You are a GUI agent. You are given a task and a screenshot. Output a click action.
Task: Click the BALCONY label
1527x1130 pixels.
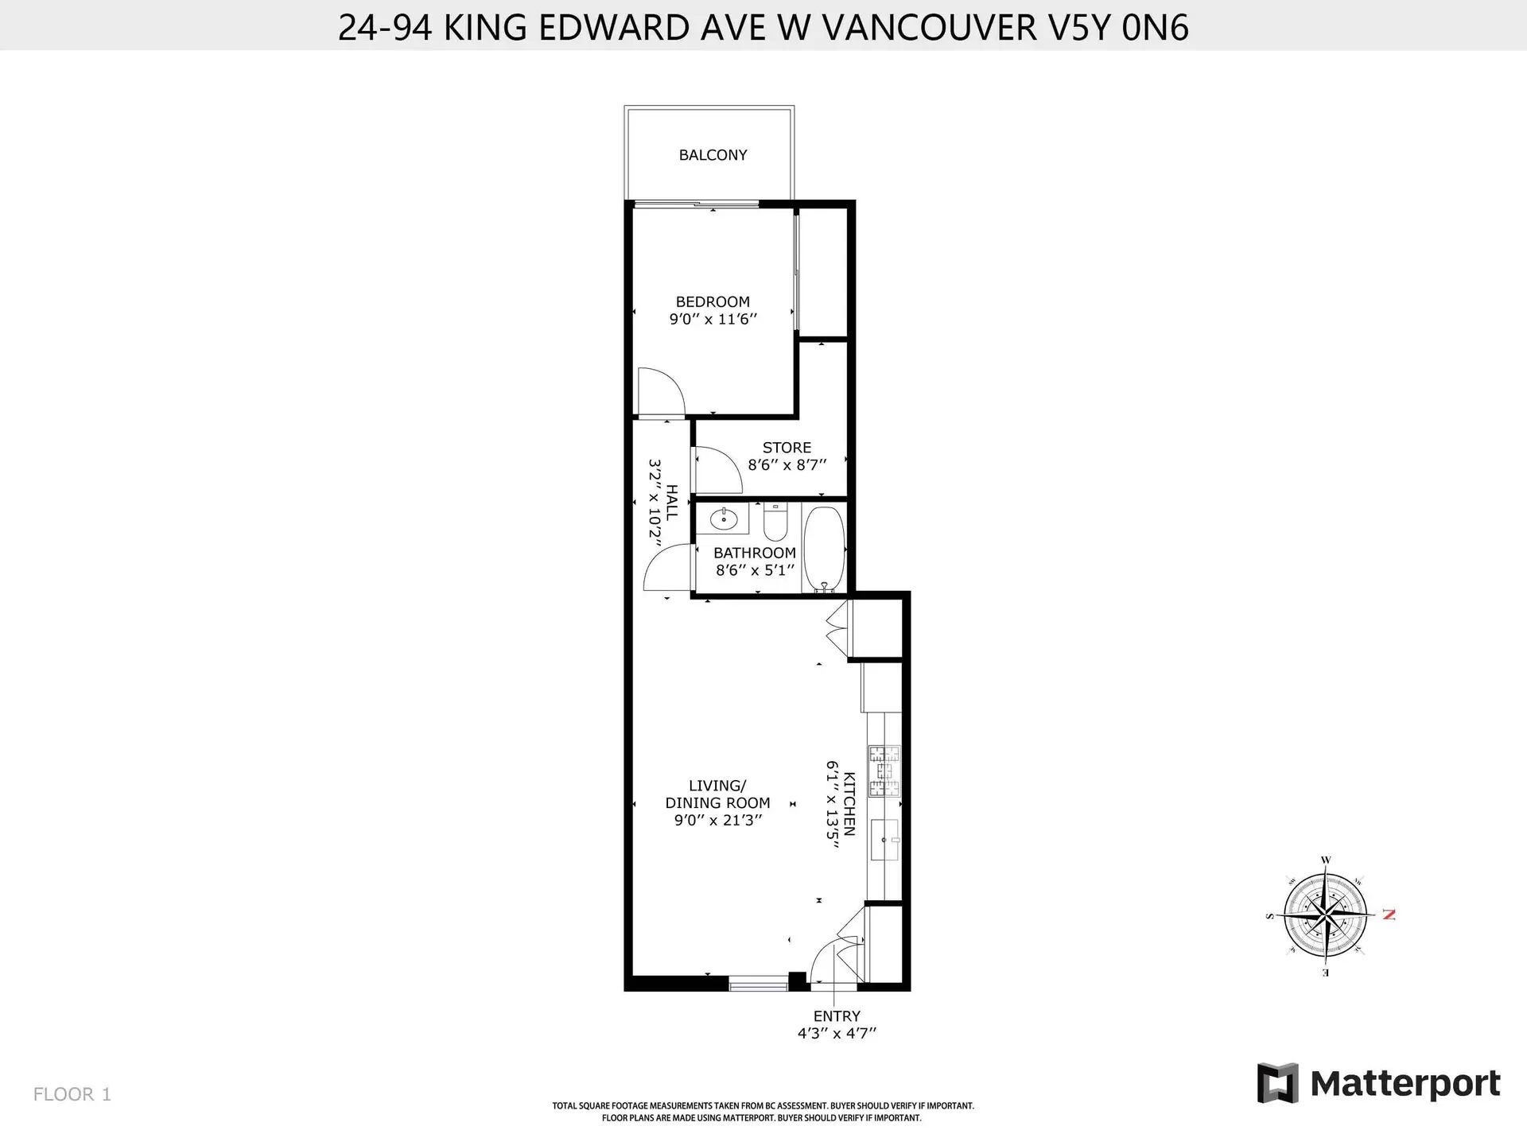[x=713, y=155]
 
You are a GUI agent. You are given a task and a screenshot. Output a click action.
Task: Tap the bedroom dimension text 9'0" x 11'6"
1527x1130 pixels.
[x=713, y=320]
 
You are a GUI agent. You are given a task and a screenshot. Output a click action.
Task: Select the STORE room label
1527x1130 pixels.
[x=787, y=448]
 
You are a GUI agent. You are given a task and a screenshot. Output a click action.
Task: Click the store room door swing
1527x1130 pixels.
[x=717, y=470]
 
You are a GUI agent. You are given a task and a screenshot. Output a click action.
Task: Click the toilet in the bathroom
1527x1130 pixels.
[x=775, y=522]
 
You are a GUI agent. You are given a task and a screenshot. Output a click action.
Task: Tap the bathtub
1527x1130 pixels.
[x=823, y=549]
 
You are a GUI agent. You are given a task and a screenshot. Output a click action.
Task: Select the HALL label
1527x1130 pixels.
[x=672, y=502]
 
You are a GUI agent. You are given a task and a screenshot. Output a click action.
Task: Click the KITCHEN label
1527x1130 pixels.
[x=849, y=803]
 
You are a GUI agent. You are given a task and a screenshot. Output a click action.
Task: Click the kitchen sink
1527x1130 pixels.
[x=884, y=840]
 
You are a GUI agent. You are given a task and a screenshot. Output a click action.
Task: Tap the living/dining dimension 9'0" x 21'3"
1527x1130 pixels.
[x=717, y=820]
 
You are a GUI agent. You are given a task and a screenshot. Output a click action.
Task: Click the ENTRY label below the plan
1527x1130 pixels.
[x=836, y=1016]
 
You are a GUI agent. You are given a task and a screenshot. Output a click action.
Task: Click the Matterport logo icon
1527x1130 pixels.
[x=1277, y=1083]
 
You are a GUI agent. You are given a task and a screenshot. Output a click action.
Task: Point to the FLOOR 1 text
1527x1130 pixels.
[x=72, y=1094]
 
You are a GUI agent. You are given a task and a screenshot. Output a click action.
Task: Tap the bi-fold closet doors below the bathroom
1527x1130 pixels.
[x=836, y=628]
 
